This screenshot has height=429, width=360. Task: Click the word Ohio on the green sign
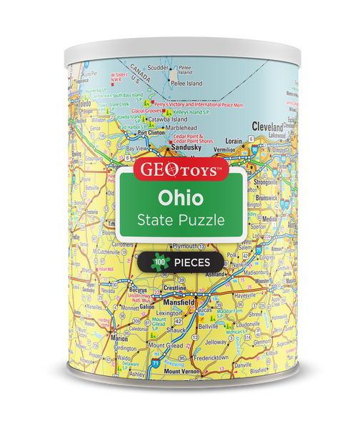coord(180,195)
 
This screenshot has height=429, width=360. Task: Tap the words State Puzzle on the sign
coord(179,220)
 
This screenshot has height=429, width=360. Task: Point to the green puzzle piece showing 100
coord(157,262)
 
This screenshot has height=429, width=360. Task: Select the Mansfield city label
coord(178,302)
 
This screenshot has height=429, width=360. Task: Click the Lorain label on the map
coord(234,142)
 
